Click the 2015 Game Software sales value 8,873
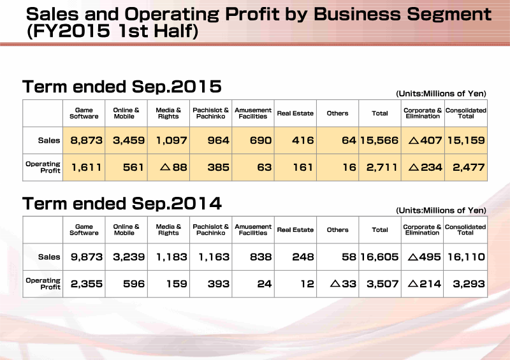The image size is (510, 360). coord(86,140)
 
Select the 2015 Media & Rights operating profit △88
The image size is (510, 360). coord(173,167)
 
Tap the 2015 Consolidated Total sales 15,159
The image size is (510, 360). coord(466,140)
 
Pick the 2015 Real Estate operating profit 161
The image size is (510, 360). coord(303,167)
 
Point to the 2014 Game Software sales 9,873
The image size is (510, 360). coord(86,257)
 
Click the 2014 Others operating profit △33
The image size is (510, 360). coord(343,284)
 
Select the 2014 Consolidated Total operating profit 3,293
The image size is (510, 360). coord(469,284)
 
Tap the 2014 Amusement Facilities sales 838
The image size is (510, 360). coord(261,257)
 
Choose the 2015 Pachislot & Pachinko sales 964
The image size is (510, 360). coord(219,140)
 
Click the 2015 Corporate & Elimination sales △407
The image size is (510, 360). coord(425,140)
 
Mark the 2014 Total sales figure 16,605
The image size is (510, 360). coord(379,257)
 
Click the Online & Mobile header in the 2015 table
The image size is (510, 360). coord(126,113)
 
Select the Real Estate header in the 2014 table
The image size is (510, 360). coord(295,230)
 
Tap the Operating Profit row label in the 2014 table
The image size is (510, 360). coord(43,284)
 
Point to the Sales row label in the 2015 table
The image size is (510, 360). coord(49,140)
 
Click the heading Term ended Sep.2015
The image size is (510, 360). coord(122,87)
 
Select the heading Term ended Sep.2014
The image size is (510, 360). coord(122,204)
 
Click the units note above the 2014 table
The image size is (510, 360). coord(441,210)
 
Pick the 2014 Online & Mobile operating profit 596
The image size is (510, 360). coord(133,284)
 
